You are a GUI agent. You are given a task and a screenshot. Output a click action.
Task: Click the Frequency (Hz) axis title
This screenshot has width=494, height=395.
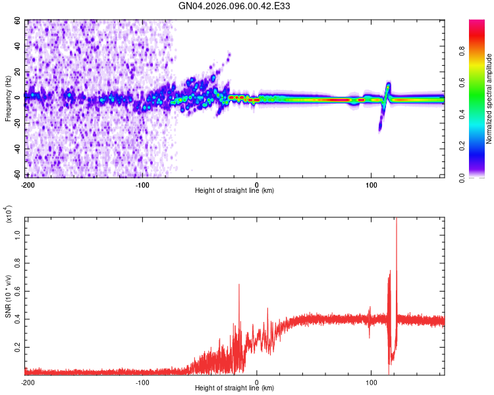[8, 99]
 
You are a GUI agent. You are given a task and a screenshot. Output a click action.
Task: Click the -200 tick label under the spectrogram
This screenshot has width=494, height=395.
[28, 184]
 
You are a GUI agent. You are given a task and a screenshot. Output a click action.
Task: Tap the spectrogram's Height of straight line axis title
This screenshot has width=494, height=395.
[234, 190]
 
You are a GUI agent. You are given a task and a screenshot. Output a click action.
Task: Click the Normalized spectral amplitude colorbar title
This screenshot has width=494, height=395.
[489, 99]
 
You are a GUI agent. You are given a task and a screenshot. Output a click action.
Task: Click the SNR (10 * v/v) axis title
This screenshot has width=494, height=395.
[8, 296]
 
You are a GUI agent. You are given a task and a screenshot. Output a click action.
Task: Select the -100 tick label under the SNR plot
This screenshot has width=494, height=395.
[142, 382]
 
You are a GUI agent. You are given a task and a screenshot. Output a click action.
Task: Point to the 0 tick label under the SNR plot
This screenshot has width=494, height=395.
[257, 382]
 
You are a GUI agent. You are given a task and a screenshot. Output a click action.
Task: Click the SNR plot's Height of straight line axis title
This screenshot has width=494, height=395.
[234, 388]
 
